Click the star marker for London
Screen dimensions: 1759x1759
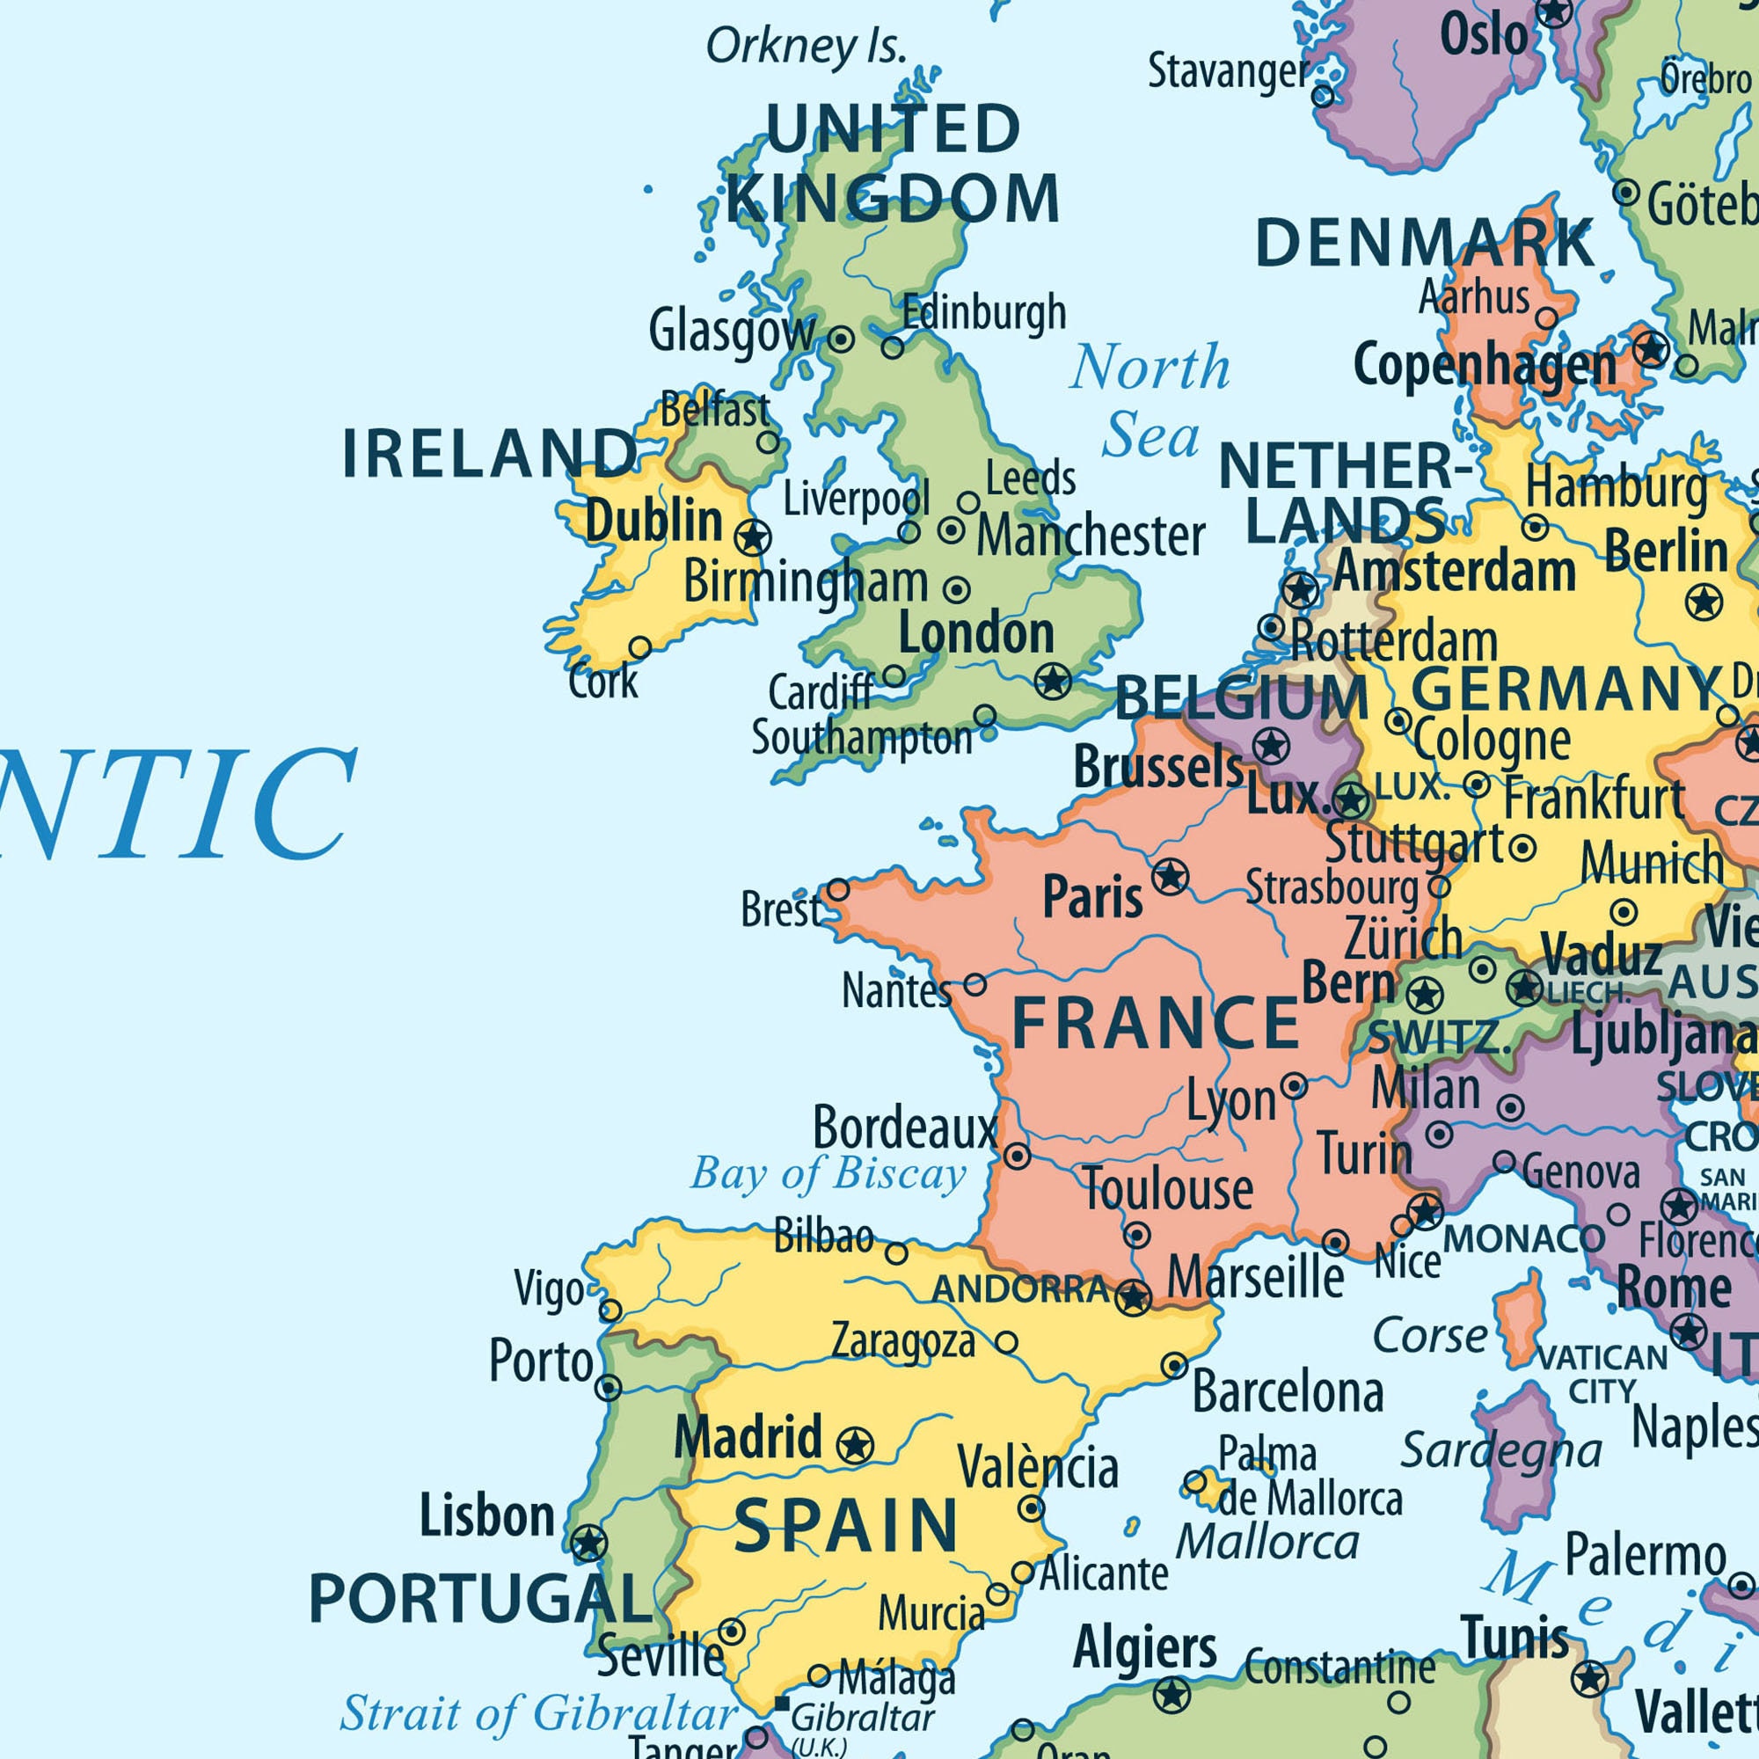(x=1054, y=680)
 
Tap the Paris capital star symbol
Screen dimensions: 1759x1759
(x=1170, y=877)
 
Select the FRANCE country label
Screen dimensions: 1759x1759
(x=1156, y=1024)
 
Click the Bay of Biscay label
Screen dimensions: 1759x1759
(x=827, y=1173)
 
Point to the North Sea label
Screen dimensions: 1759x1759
(x=1150, y=400)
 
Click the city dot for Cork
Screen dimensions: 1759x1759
(x=640, y=648)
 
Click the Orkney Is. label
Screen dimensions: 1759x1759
(x=806, y=46)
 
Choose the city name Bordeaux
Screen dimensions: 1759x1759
(x=905, y=1128)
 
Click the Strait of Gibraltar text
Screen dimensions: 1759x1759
(x=538, y=1713)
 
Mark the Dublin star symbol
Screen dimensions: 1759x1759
(x=752, y=537)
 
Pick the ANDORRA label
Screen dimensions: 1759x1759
(x=1020, y=1289)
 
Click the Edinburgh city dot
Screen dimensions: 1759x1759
(x=892, y=347)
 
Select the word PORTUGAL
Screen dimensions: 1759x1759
(x=480, y=1600)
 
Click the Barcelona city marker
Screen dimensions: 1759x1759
(x=1174, y=1366)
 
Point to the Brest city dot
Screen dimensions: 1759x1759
(x=837, y=889)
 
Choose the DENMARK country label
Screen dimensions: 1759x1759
(x=1424, y=244)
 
